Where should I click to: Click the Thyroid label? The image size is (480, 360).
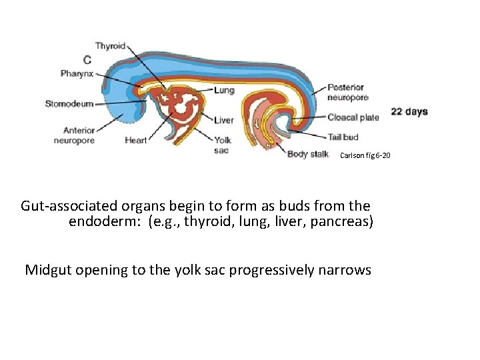[x=109, y=46]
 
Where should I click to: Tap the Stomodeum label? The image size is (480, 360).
[x=69, y=103]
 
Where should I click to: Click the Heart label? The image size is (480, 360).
[x=136, y=141]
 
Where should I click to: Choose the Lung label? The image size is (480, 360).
[x=225, y=90]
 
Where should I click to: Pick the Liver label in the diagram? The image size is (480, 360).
[x=224, y=121]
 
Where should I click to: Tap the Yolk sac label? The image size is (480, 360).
[x=222, y=145]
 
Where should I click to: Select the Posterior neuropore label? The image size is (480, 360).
[x=345, y=92]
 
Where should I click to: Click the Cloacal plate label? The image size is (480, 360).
[x=353, y=117]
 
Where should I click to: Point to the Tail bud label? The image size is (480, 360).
[x=343, y=137]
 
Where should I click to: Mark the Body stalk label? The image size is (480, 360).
[x=307, y=155]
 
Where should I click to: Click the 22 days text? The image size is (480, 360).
[x=409, y=112]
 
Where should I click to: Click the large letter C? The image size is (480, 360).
[x=87, y=61]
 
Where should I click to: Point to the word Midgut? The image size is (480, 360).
[x=49, y=270]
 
